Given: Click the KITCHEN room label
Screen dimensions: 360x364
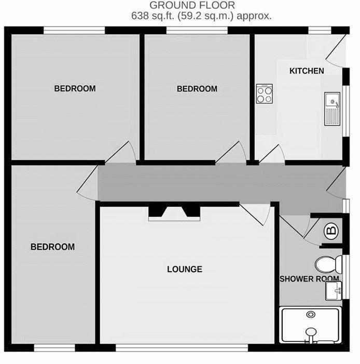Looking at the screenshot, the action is click(307, 71).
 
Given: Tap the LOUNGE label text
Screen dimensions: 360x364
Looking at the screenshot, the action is click(185, 269).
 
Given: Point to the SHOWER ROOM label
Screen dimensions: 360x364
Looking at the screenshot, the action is click(309, 279).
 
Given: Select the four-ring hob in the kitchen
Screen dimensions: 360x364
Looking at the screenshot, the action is click(264, 94).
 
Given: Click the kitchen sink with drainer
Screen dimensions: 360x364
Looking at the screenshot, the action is click(332, 109).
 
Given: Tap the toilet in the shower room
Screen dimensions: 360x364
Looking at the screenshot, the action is click(329, 264).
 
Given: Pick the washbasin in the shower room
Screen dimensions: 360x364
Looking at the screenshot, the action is click(334, 291).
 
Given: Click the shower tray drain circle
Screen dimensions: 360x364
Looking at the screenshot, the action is click(311, 315).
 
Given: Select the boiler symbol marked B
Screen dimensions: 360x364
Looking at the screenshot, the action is click(331, 231).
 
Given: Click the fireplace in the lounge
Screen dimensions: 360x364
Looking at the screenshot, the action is click(174, 214).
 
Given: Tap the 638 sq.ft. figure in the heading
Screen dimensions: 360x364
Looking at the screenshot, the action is click(153, 16).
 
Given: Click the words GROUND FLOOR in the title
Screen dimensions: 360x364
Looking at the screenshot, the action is click(192, 5).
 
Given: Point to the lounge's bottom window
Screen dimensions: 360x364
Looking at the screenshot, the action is click(182, 347).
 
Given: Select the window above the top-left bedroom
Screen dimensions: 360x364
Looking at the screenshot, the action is click(74, 30).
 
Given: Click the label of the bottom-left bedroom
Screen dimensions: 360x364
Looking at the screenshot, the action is click(53, 247).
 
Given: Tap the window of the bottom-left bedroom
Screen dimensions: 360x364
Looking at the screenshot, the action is click(54, 347).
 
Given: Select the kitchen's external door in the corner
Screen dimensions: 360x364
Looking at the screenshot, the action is click(336, 50).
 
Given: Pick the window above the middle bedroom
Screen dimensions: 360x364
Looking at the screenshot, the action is click(197, 30).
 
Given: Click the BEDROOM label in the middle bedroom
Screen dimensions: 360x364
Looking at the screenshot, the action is click(197, 89).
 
